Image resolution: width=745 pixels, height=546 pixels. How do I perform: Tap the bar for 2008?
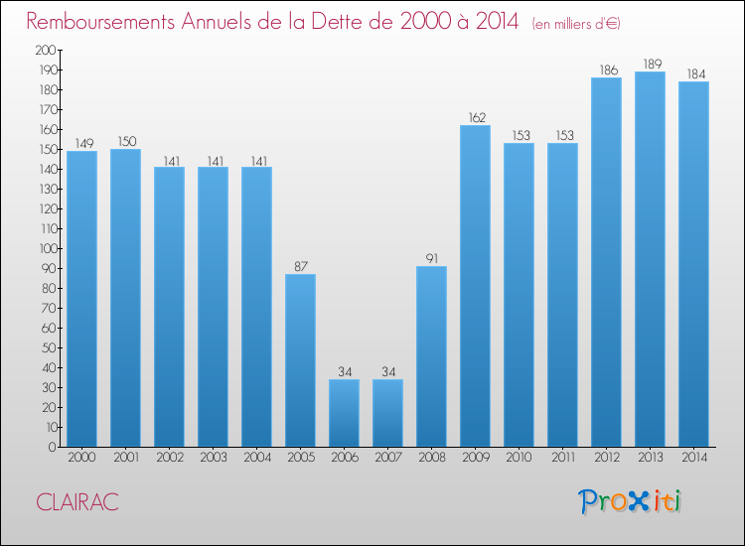pos(431,356)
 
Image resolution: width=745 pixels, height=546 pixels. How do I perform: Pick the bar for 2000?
pos(81,299)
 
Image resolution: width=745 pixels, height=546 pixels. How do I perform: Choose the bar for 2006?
pos(344,413)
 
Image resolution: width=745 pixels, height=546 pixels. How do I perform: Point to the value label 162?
pos(475,118)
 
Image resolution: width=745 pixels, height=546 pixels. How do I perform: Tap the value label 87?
pos(300,267)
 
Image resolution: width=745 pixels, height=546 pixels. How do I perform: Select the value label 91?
pos(431,259)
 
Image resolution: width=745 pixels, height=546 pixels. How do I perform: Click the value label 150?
pos(125,142)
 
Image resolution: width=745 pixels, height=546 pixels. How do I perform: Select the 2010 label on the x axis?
pos(519,458)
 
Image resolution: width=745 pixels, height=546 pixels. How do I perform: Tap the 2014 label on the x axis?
pos(693,458)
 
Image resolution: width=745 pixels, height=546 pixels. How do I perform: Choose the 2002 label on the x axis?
pos(169,458)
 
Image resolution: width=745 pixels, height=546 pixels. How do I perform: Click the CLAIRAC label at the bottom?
pos(76,503)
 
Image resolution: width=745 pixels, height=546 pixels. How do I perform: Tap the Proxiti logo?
pos(630,501)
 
